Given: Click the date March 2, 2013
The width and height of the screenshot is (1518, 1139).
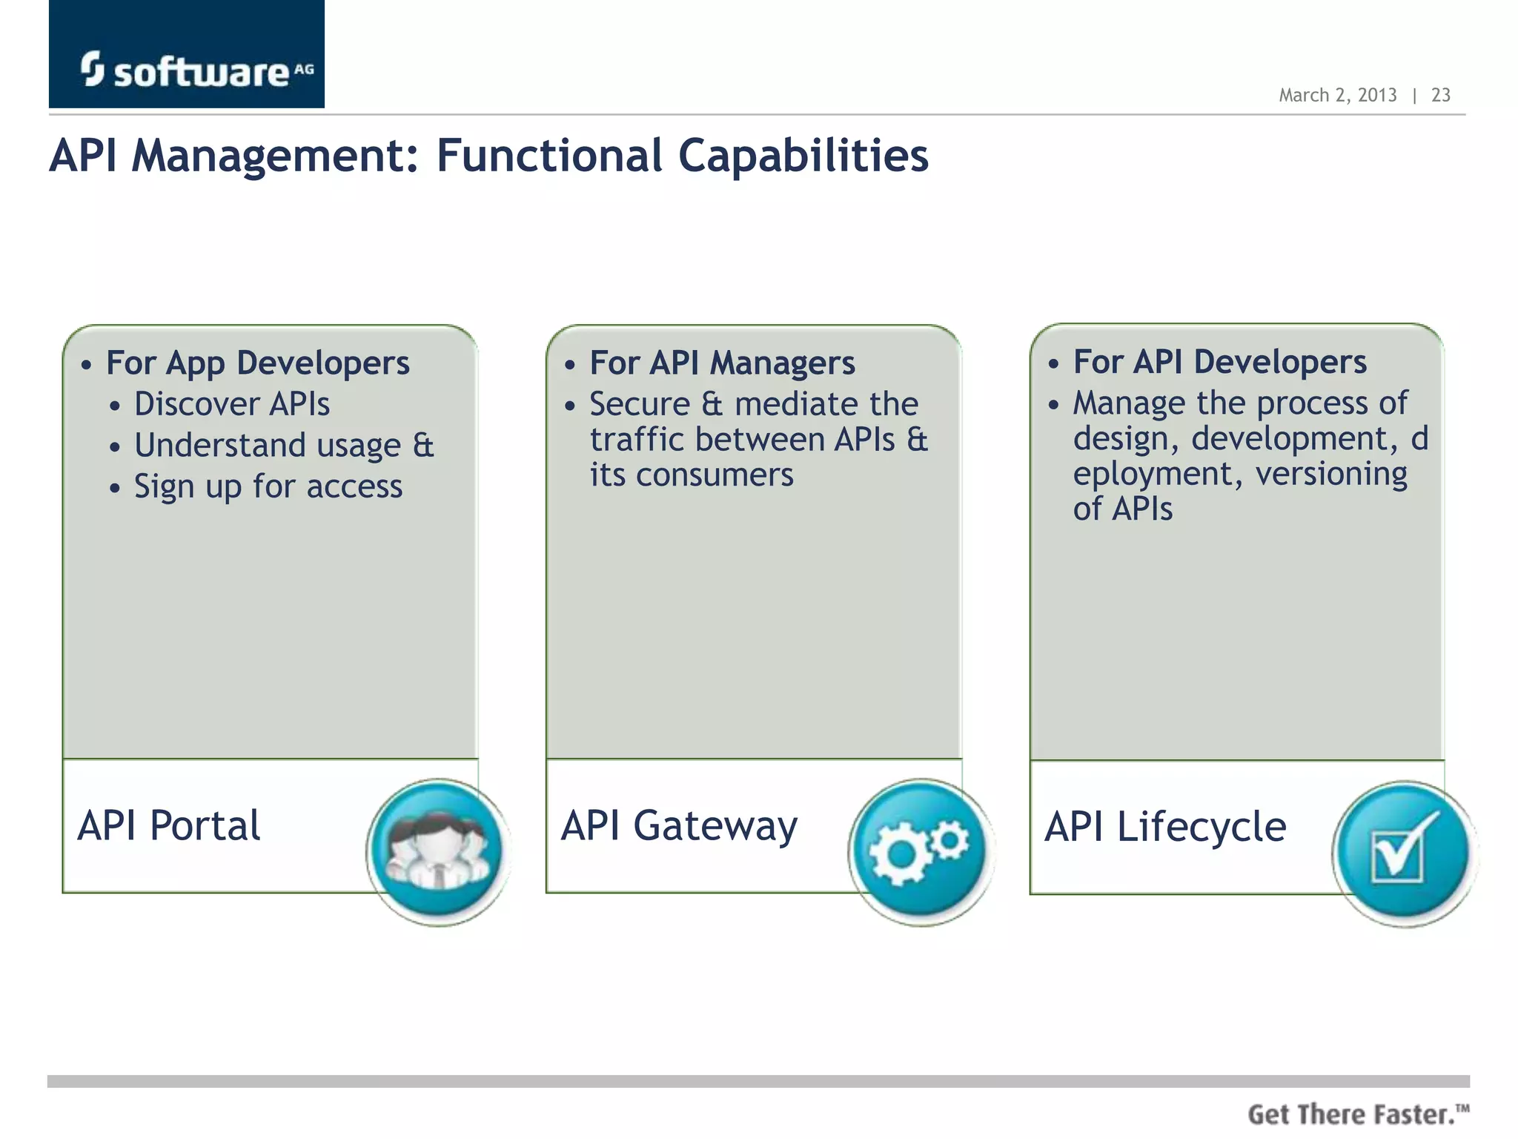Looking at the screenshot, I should click(x=1337, y=95).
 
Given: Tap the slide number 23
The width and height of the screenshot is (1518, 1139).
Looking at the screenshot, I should click(x=1440, y=95).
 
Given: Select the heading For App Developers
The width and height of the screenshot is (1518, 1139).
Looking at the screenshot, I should click(x=257, y=363).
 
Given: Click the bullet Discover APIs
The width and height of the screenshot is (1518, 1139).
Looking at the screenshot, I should click(x=231, y=405).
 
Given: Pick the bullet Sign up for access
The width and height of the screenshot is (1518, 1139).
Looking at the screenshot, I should click(x=268, y=487).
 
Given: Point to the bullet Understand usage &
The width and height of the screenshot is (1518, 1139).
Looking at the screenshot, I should click(x=283, y=446).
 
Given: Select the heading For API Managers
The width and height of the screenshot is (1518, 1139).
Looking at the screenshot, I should click(x=722, y=363).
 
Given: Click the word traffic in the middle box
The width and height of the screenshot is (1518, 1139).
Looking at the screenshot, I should click(x=637, y=440).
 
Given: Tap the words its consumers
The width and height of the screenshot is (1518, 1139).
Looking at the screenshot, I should click(x=691, y=475).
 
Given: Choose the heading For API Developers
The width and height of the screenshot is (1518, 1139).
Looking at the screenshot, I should click(x=1219, y=363).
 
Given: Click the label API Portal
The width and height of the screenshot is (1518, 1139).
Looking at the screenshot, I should click(x=169, y=825).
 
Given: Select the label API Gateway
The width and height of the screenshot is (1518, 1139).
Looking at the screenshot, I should click(x=679, y=825).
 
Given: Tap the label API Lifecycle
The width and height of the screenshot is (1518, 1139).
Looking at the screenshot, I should click(x=1165, y=827).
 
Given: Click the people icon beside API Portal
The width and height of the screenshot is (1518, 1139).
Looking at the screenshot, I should click(x=439, y=851).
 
